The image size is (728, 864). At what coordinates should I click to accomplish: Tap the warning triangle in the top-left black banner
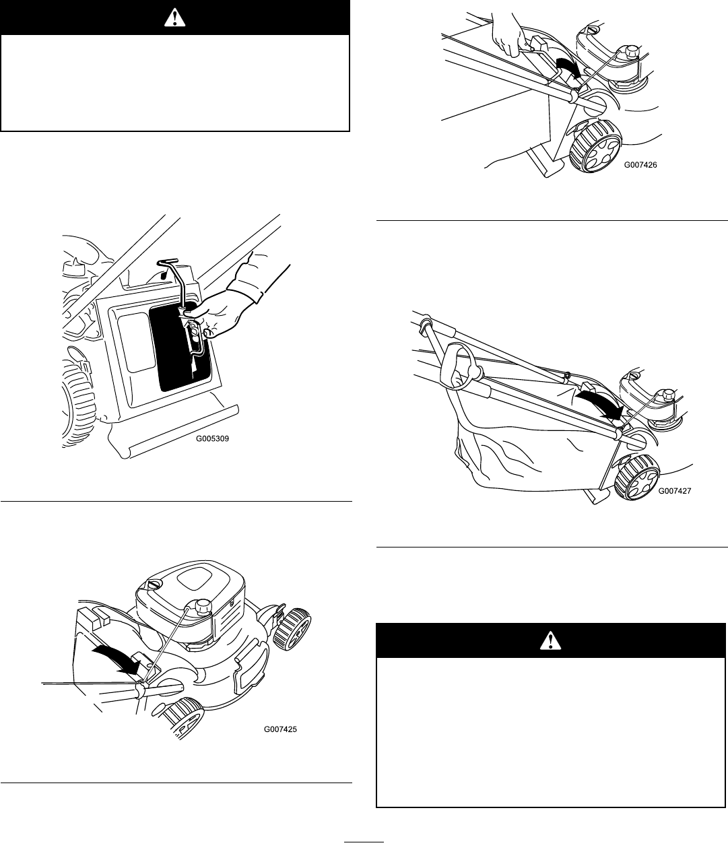(x=175, y=18)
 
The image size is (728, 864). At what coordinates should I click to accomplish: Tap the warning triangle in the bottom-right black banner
(x=551, y=641)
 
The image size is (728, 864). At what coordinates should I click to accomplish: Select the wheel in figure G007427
(x=635, y=476)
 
